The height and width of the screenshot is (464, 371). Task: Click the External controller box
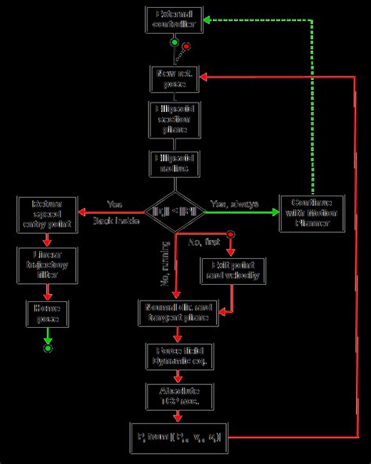click(175, 20)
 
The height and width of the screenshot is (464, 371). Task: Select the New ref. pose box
click(175, 77)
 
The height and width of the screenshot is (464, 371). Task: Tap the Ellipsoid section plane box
click(175, 118)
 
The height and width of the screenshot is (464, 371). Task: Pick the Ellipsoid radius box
click(175, 163)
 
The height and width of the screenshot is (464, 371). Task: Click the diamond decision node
click(175, 211)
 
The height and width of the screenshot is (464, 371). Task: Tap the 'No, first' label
click(205, 243)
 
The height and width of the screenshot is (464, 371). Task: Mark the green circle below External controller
click(175, 42)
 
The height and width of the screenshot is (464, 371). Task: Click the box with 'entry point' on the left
click(48, 213)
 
